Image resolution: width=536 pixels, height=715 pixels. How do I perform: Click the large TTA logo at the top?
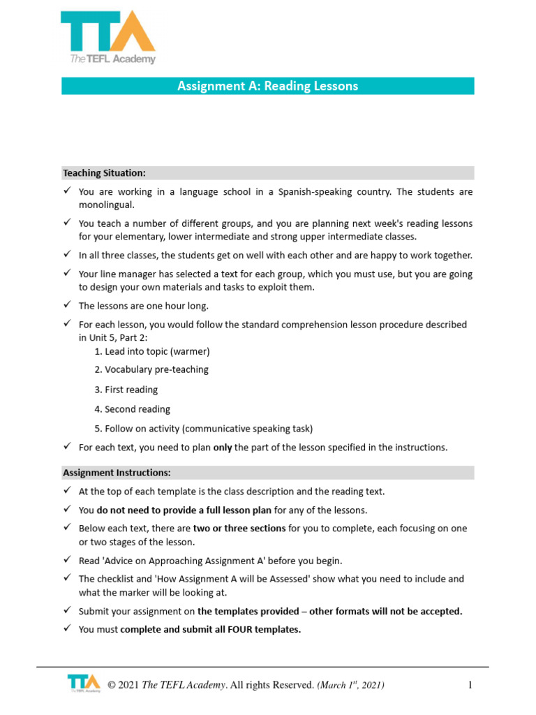[x=107, y=36]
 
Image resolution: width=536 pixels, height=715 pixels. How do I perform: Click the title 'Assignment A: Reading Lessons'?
[x=267, y=86]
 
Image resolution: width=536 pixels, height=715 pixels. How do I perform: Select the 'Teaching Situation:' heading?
[x=104, y=172]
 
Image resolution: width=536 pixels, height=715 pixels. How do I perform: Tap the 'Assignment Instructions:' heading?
[x=117, y=473]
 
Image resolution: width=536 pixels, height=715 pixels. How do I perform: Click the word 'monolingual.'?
[x=105, y=205]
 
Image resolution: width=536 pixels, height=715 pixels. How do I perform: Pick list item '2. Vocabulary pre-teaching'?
[x=151, y=369]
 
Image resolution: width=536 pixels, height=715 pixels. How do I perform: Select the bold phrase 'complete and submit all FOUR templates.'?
[x=210, y=629]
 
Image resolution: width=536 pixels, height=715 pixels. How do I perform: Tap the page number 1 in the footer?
[x=470, y=685]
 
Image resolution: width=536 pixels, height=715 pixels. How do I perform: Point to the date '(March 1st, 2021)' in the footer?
[x=350, y=685]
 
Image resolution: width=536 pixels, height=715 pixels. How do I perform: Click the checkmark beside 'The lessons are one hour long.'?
[x=67, y=305]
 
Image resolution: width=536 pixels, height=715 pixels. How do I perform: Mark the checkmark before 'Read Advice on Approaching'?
[x=67, y=560]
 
